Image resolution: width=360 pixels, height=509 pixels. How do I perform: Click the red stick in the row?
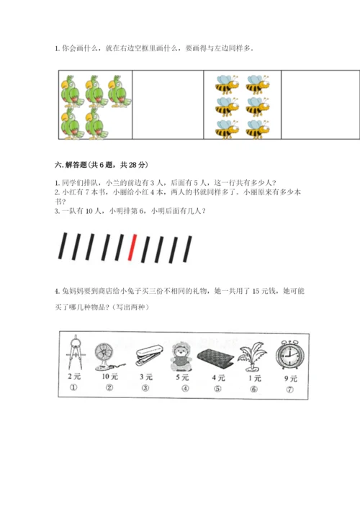(x=132, y=247)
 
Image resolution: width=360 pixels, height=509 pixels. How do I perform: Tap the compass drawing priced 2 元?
(x=75, y=353)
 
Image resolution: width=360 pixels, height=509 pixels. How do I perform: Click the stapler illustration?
(x=148, y=356)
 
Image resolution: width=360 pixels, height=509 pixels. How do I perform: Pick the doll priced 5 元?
(x=182, y=356)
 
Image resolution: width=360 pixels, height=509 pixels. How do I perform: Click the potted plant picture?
(x=252, y=357)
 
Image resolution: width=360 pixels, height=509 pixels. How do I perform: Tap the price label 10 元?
(x=109, y=377)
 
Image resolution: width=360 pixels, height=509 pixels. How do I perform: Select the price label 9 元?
(x=291, y=379)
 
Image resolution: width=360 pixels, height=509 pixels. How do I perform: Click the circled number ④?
(x=185, y=388)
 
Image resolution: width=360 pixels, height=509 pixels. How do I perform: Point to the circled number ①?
(x=73, y=387)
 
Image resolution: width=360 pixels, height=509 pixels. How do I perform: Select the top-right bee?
(x=258, y=84)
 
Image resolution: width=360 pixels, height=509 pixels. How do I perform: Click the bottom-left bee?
(x=227, y=129)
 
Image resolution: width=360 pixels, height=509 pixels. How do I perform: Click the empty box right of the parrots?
(x=168, y=104)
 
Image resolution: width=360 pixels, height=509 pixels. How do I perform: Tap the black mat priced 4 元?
(x=215, y=360)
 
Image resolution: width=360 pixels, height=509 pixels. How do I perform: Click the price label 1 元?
(x=254, y=378)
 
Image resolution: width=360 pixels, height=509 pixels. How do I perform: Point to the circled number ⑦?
(x=289, y=389)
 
